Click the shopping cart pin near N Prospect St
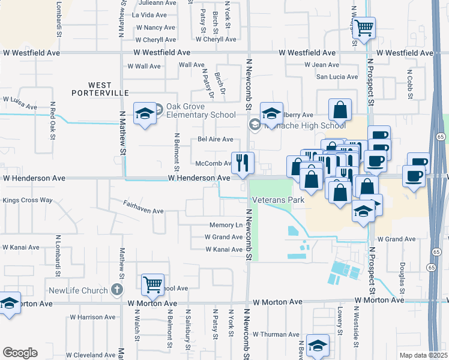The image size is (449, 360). click(364, 28)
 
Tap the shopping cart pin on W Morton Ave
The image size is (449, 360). click(153, 284)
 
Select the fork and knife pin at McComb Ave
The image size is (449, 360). click(243, 163)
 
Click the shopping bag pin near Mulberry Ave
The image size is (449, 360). click(340, 110)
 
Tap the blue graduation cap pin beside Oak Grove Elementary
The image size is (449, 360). click(145, 113)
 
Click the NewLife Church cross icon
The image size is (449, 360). click(117, 290)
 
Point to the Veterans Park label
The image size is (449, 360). click(278, 200)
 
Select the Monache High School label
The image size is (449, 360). click(306, 125)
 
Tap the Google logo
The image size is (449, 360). click(20, 353)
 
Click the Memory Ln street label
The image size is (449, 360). click(226, 226)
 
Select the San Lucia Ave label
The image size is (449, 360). click(337, 77)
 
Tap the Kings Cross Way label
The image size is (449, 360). click(28, 200)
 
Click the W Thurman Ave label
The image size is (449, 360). click(276, 334)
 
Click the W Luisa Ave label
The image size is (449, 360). click(20, 103)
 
